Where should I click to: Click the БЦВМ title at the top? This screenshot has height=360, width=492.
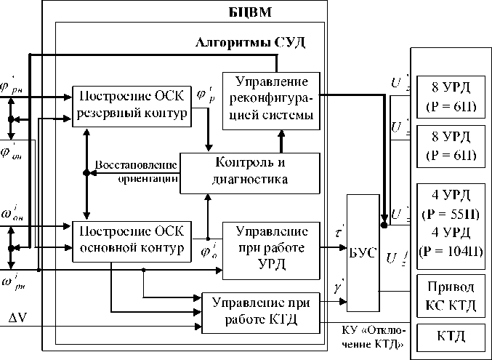point(241,12)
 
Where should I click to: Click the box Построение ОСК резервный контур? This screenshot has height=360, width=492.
point(131,105)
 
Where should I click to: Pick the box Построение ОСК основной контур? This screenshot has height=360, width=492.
point(131,239)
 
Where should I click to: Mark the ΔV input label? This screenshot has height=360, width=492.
point(18,319)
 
